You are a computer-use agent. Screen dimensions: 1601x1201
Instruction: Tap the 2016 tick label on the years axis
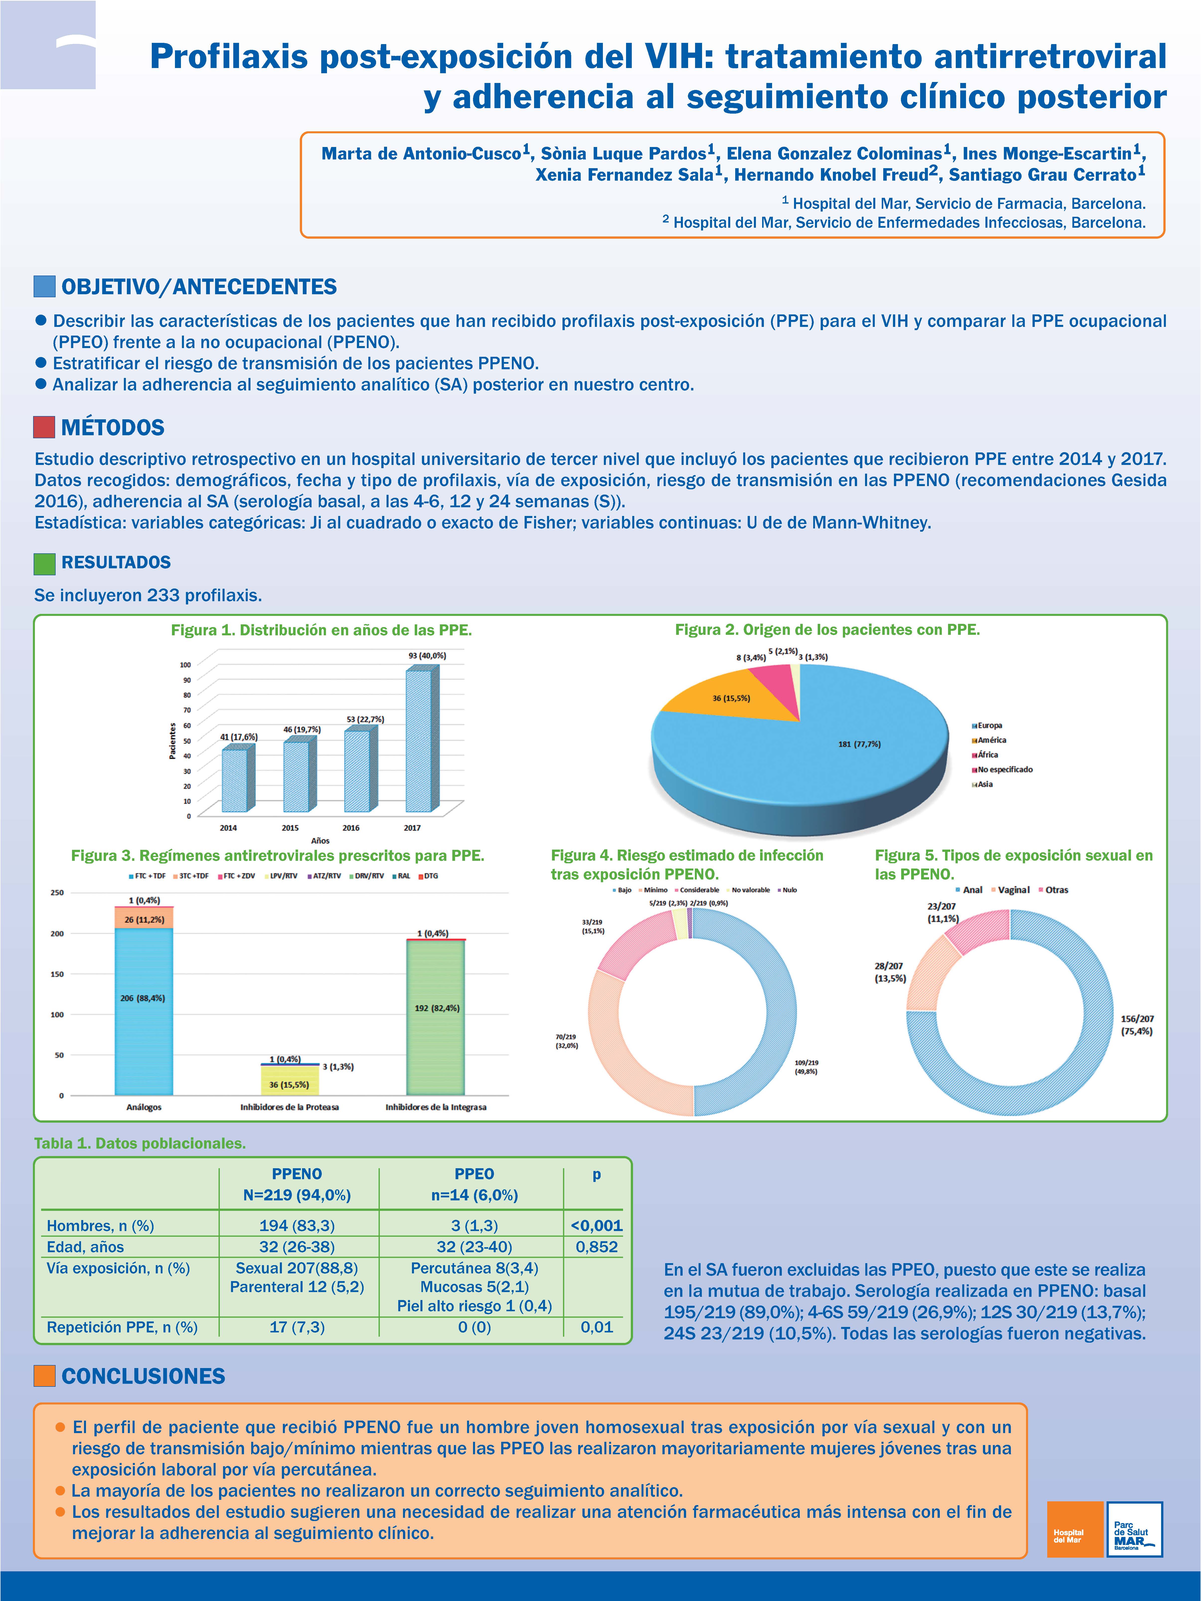coord(351,827)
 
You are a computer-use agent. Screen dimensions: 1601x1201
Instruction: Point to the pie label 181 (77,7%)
coord(859,744)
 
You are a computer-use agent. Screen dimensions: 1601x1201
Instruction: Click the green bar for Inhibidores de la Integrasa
coord(436,1017)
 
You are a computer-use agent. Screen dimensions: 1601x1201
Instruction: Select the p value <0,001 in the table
coord(596,1225)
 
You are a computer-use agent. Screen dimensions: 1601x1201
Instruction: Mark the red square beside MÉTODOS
coord(44,427)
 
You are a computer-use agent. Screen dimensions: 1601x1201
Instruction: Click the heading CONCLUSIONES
coord(143,1376)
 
